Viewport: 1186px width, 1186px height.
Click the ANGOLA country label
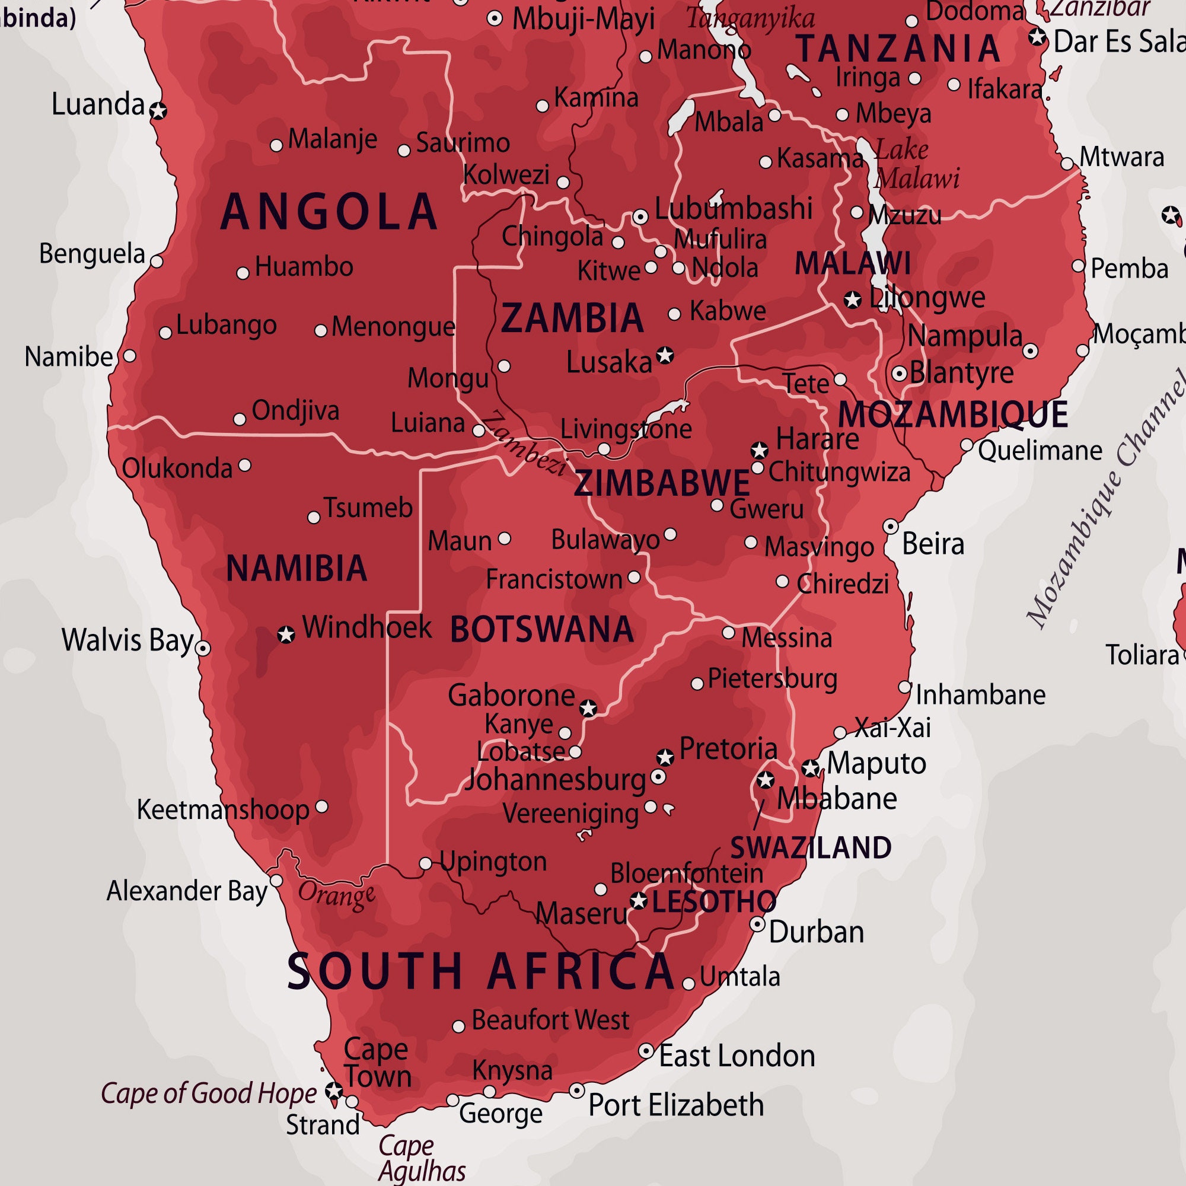(x=329, y=212)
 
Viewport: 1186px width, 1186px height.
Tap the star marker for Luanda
(x=159, y=111)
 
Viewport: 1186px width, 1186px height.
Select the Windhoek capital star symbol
(x=286, y=634)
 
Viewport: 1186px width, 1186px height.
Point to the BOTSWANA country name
(x=541, y=629)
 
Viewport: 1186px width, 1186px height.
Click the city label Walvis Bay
(x=127, y=640)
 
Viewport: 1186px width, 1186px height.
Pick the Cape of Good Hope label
(x=209, y=1093)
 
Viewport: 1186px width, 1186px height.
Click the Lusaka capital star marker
(x=665, y=355)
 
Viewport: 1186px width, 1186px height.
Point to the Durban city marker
(x=757, y=924)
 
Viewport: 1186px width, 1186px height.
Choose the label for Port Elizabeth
(x=676, y=1105)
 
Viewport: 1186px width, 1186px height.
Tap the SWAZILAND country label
(x=810, y=848)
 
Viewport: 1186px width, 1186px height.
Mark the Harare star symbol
(x=760, y=451)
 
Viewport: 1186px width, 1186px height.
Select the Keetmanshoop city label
(x=223, y=809)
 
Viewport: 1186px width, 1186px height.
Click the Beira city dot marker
(x=891, y=526)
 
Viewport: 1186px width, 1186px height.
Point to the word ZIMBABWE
(x=662, y=483)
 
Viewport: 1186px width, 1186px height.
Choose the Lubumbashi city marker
(x=640, y=216)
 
